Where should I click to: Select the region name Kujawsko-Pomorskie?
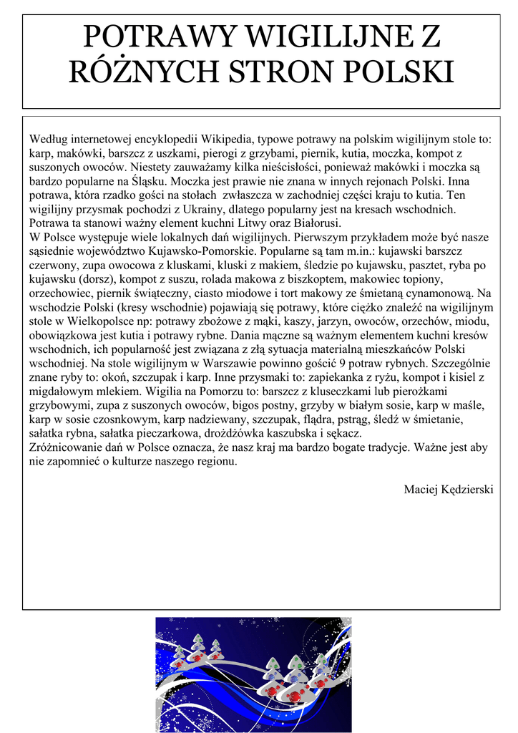click(198, 251)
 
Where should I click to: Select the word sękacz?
click(343, 432)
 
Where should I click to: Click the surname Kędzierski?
click(469, 489)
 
